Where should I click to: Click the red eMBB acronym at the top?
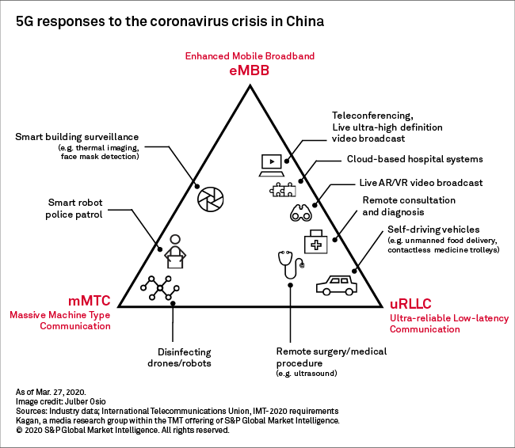point(250,70)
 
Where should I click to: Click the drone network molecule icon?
point(158,289)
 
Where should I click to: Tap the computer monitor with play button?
point(270,162)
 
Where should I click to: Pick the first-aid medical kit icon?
point(318,242)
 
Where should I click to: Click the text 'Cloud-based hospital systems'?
point(414,159)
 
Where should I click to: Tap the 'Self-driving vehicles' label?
point(433,230)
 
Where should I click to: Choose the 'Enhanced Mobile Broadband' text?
point(250,56)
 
